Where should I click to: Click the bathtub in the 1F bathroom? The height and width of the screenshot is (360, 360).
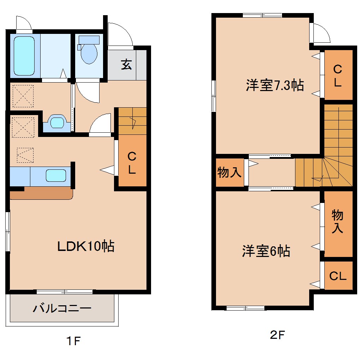[24, 56]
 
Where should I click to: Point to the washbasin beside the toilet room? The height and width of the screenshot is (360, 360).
[56, 122]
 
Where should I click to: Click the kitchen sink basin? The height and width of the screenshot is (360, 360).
[56, 176]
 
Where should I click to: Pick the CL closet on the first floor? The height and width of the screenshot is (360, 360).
[132, 163]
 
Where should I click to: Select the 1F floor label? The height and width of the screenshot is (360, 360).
[74, 341]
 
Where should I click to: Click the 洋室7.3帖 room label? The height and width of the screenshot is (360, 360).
[275, 85]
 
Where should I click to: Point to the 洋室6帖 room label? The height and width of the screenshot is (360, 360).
[266, 251]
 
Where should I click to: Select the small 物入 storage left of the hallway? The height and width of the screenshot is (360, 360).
[229, 173]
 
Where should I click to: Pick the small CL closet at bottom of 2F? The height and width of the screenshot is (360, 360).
[338, 276]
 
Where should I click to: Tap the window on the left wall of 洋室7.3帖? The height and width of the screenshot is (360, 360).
[214, 95]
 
